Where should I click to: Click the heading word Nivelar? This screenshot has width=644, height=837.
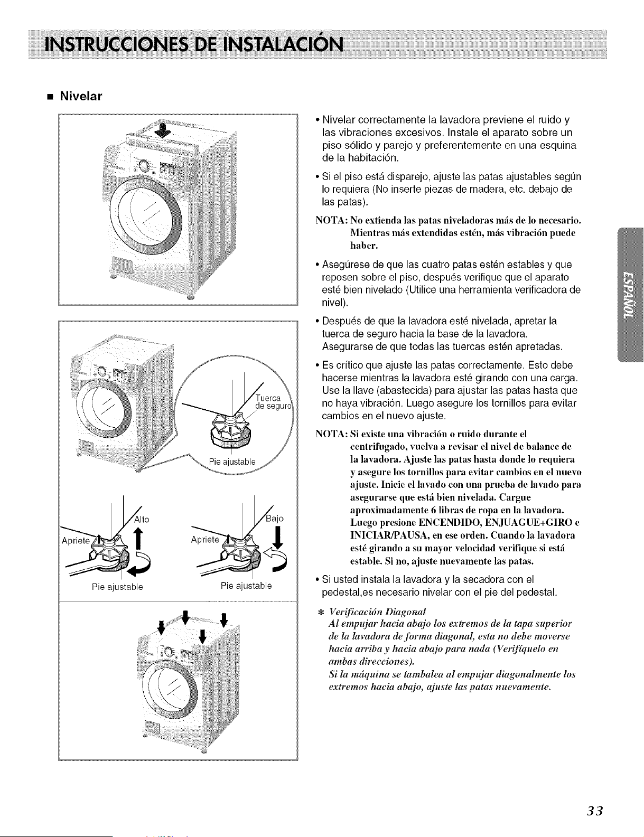pyautogui.click(x=81, y=96)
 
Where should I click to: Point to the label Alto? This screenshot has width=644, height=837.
pyautogui.click(x=142, y=519)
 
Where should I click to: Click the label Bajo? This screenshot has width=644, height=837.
pyautogui.click(x=275, y=519)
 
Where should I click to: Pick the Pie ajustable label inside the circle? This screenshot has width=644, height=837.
pyautogui.click(x=232, y=462)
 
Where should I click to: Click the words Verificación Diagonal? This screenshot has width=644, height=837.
pyautogui.click(x=377, y=612)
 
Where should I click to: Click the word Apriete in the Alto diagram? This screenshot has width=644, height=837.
pyautogui.click(x=76, y=540)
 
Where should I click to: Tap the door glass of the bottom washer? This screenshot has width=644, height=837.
pyautogui.click(x=170, y=693)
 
